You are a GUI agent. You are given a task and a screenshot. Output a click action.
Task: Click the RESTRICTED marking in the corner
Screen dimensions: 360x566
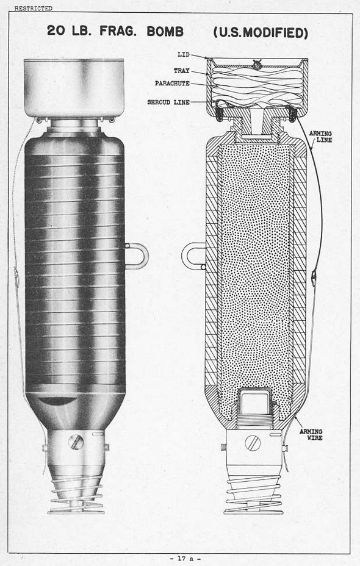(33, 8)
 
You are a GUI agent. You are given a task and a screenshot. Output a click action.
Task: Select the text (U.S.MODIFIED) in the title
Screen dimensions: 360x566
(261, 32)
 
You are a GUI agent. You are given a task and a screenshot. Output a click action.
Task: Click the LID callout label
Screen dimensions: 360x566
(184, 54)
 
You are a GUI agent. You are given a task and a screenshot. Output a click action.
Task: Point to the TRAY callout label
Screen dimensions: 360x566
(181, 71)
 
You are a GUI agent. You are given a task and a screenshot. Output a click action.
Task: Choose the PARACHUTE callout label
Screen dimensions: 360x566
(172, 84)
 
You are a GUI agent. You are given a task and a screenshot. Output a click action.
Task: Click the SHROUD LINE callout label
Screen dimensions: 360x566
(168, 102)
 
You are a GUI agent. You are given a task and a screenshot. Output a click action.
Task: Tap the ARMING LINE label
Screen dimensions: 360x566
(320, 137)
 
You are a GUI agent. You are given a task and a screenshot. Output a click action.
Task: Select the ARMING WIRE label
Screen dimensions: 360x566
(311, 435)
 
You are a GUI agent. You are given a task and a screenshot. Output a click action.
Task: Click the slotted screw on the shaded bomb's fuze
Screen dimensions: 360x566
(76, 442)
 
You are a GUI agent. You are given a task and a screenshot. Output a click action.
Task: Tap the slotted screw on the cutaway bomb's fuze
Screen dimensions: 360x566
(253, 443)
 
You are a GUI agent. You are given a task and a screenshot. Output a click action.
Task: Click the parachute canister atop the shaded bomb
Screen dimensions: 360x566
(74, 88)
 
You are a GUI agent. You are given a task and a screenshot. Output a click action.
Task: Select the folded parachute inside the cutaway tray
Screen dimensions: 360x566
(257, 87)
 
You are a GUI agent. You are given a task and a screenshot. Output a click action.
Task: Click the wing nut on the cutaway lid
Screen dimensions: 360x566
(257, 65)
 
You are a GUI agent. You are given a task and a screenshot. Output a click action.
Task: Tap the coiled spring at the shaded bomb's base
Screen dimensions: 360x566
(76, 494)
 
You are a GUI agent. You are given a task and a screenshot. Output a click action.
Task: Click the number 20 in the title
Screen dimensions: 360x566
(56, 31)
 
